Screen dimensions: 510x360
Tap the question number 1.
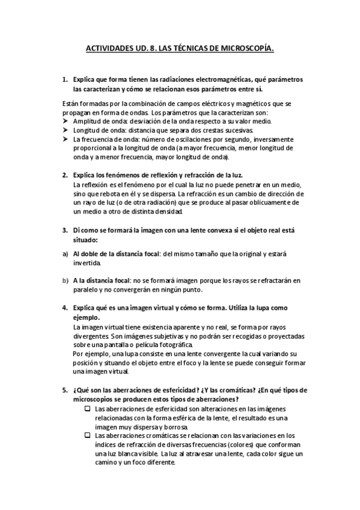coord(65,79)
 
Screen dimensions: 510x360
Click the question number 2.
coord(65,175)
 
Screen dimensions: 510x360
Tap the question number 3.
coord(65,230)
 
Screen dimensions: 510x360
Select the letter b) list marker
coord(64,280)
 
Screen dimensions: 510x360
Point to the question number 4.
coord(65,308)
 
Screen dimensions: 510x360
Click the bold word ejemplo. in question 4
coord(86,317)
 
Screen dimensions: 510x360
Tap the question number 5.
coord(65,390)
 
